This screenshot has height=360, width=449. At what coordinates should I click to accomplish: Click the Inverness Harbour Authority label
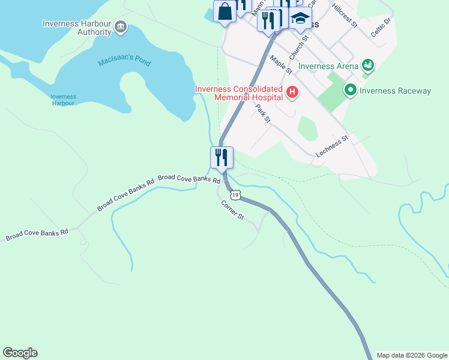pyautogui.click(x=77, y=28)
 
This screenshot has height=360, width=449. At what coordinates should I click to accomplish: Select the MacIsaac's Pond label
pyautogui.click(x=124, y=62)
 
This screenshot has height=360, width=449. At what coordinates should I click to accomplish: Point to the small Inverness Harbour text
pyautogui.click(x=63, y=100)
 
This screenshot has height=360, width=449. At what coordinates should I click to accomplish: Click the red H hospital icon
pyautogui.click(x=292, y=92)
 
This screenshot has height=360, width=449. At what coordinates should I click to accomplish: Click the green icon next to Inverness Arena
pyautogui.click(x=368, y=65)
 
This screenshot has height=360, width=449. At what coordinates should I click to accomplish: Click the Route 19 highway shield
pyautogui.click(x=235, y=194)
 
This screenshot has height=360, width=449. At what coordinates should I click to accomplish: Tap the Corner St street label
pyautogui.click(x=232, y=209)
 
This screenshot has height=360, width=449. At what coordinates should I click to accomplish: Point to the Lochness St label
pyautogui.click(x=332, y=146)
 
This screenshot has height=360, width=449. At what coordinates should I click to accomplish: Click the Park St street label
pyautogui.click(x=263, y=114)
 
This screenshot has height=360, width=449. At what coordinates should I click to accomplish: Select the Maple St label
pyautogui.click(x=280, y=65)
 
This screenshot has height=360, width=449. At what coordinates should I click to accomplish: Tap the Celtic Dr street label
pyautogui.click(x=381, y=27)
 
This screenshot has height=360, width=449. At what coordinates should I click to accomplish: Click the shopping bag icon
pyautogui.click(x=224, y=11)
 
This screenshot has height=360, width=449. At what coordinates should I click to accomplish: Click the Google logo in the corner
pyautogui.click(x=20, y=353)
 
